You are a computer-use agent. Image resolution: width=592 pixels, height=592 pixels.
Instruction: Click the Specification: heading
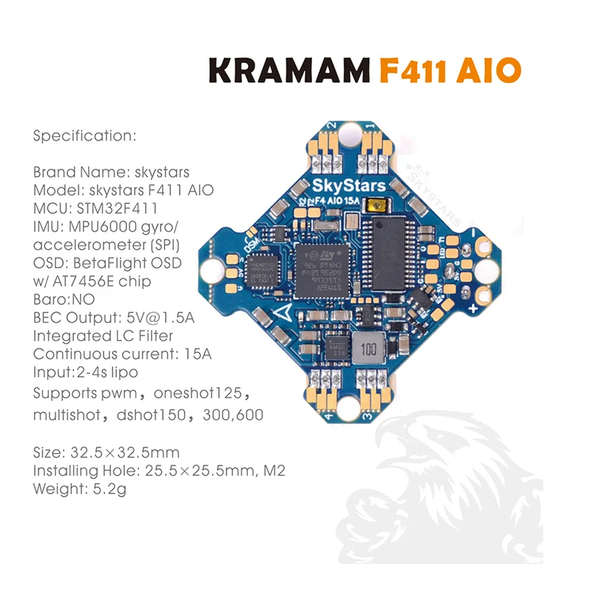tap(85, 136)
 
